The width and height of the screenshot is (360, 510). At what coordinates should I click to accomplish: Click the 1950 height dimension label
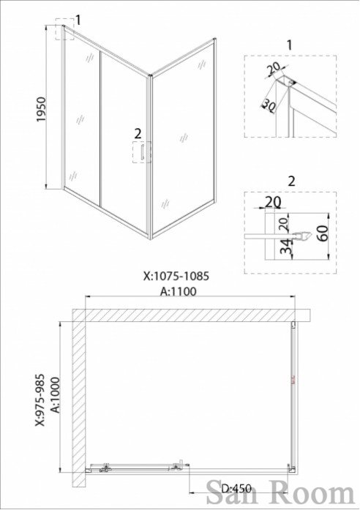coord(42,109)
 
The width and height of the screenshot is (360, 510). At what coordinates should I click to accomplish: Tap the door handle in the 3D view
coord(142,152)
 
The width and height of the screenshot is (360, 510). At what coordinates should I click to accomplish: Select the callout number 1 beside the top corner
coord(78,20)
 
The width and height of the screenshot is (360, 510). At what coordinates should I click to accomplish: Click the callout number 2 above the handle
coord(138,133)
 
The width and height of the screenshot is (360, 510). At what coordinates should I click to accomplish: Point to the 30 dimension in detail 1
coord(269,105)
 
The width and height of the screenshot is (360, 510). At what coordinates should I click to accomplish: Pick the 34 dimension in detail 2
coord(287,247)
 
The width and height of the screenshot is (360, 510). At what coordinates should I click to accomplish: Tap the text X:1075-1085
coord(176,276)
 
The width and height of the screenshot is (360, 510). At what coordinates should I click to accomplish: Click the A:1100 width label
coord(179,291)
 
